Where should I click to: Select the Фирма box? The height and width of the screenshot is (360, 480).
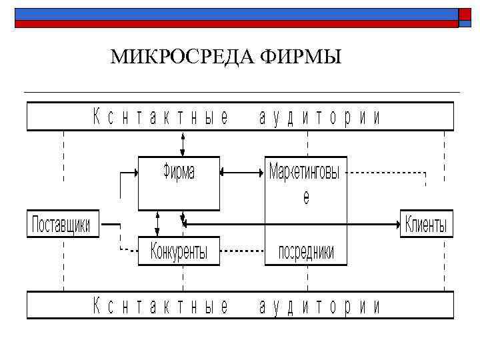179,183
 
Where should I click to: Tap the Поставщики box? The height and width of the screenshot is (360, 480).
62,223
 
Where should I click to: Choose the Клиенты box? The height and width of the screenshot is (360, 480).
426,224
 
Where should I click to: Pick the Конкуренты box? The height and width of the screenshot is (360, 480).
179,251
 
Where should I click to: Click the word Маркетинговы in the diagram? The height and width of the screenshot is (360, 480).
305,173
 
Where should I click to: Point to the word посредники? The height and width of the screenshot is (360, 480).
306,252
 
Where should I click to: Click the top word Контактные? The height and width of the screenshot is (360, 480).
160,118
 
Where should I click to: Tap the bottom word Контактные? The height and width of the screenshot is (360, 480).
160,306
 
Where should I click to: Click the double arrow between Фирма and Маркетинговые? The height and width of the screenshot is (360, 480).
242,172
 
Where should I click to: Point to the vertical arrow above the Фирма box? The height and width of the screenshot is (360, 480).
182,143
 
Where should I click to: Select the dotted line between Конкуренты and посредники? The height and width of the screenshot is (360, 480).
242,251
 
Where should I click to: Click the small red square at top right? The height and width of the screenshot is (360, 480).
465,14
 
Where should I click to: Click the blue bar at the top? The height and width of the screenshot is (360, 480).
233,14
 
